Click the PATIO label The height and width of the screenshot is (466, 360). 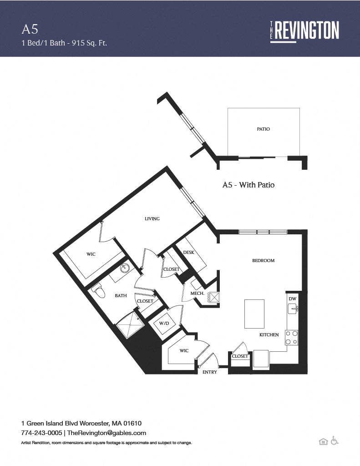(x=264, y=129)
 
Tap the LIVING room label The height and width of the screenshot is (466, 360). (x=152, y=219)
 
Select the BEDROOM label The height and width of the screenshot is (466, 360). (x=264, y=261)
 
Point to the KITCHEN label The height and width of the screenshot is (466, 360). (x=269, y=334)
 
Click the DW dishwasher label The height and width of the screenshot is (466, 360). (x=293, y=299)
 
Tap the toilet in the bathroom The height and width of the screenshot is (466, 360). (x=98, y=290)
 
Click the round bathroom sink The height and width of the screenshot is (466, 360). (x=125, y=268)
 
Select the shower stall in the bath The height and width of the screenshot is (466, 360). (x=130, y=324)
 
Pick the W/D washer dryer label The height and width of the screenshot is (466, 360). (x=164, y=324)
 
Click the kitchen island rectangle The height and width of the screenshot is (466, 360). (x=254, y=314)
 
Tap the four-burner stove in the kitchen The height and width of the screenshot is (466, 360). (x=292, y=338)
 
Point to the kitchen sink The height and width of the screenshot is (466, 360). (x=293, y=309)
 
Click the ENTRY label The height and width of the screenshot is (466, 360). (x=209, y=372)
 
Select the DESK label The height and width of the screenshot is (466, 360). (x=189, y=252)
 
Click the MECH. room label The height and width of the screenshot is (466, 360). (x=198, y=294)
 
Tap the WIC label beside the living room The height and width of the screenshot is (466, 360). (x=91, y=254)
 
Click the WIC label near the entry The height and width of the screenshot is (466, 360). (x=184, y=351)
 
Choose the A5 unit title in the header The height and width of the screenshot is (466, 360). (x=30, y=29)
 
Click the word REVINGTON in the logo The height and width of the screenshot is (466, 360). (x=307, y=30)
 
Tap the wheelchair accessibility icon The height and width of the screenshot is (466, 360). (x=335, y=441)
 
